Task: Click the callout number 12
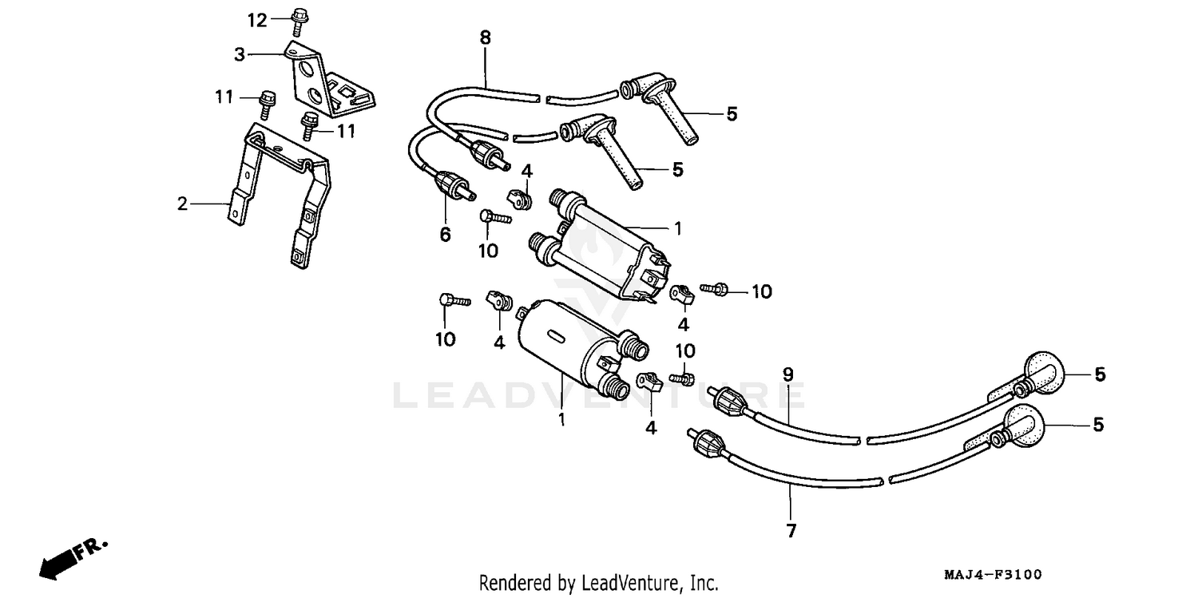(x=257, y=20)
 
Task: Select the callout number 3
(x=239, y=54)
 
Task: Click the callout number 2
(x=183, y=204)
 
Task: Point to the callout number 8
(x=486, y=37)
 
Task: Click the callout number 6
(x=445, y=234)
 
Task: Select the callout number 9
(x=787, y=373)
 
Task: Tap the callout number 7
(x=791, y=530)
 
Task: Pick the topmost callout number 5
(x=732, y=114)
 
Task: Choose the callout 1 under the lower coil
(x=561, y=419)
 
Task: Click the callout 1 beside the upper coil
(x=676, y=228)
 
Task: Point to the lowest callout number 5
(x=1098, y=426)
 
